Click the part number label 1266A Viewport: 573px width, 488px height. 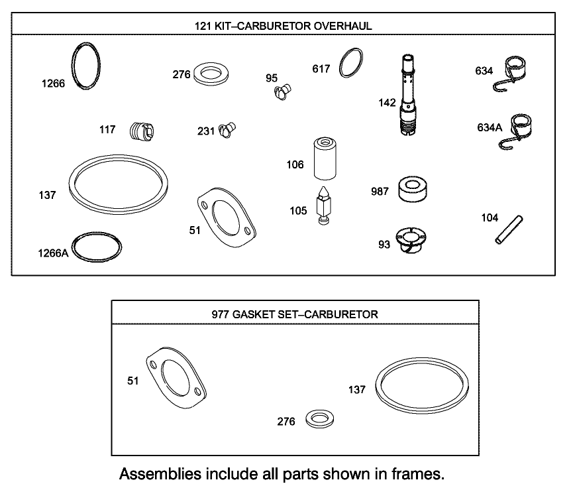52,253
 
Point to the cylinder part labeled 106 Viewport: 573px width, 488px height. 325,158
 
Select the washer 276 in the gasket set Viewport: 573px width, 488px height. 320,419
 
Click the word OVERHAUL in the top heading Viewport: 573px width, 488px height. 342,26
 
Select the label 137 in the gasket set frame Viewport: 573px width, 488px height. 356,390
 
